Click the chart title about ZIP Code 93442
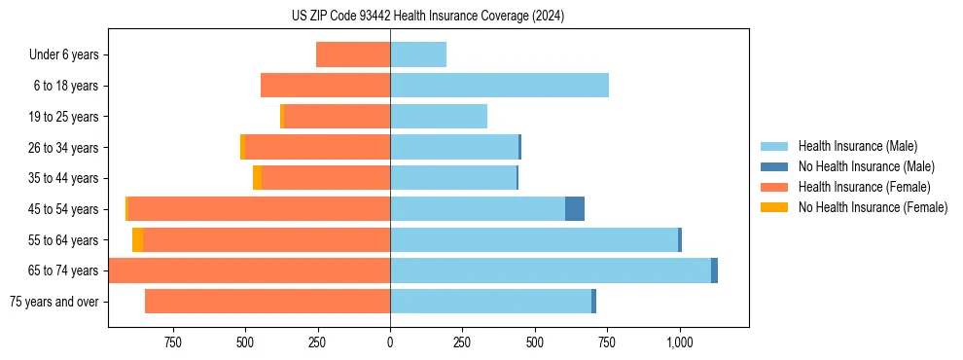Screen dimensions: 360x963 click(x=428, y=16)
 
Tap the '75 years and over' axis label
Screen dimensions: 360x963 click(x=54, y=302)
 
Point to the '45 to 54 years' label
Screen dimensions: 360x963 click(x=63, y=209)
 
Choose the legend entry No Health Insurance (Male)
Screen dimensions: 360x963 click(x=866, y=166)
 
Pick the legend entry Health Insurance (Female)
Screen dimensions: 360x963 click(x=864, y=187)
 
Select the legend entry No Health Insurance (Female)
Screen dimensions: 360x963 click(x=873, y=207)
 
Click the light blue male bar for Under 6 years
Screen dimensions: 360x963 click(x=418, y=55)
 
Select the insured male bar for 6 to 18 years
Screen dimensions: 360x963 click(x=499, y=86)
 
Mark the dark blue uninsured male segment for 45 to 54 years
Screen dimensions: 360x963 click(x=575, y=209)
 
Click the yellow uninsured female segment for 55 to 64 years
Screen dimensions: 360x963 click(x=138, y=240)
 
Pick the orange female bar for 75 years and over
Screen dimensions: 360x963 click(x=267, y=302)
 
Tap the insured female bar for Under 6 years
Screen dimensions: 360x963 click(x=353, y=55)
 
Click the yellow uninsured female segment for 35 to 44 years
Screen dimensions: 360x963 click(x=257, y=178)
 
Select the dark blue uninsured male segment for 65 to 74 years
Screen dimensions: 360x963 click(x=714, y=270)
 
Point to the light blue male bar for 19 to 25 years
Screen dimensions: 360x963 click(x=438, y=117)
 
